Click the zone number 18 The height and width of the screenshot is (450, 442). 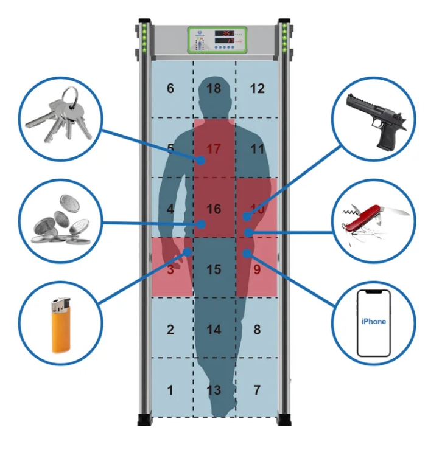(x=214, y=89)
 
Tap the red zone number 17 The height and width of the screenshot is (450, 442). (x=213, y=148)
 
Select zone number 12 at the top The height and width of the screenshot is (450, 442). (x=258, y=89)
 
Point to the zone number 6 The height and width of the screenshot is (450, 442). (x=170, y=89)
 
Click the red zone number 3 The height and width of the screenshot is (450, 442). (x=170, y=269)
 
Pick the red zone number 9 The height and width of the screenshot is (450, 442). (x=258, y=269)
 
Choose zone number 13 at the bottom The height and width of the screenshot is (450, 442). (x=214, y=390)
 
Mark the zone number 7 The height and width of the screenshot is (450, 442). (x=257, y=390)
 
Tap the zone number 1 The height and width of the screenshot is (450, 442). (x=170, y=390)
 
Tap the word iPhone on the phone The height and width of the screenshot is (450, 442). (x=373, y=322)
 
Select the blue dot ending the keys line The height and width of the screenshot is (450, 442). (x=201, y=161)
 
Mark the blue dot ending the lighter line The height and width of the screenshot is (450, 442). (x=188, y=251)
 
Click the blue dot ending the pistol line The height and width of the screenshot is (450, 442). (x=246, y=216)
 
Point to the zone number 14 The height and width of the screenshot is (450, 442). (x=214, y=330)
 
